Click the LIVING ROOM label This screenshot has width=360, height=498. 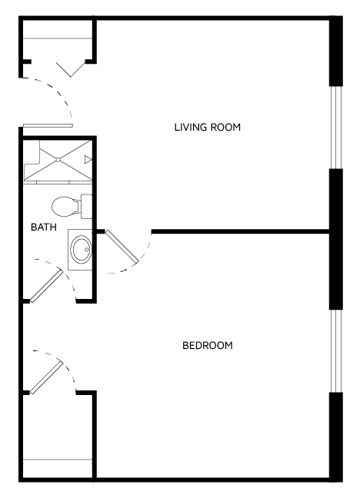pyautogui.click(x=208, y=127)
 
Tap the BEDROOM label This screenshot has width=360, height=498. pyautogui.click(x=208, y=345)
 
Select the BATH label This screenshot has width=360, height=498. pyautogui.click(x=44, y=227)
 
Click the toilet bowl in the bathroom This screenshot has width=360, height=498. pyautogui.click(x=66, y=207)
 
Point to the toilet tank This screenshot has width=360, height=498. pyautogui.click(x=86, y=207)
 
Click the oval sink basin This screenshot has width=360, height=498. pyautogui.click(x=81, y=249)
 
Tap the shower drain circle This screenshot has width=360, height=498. pyautogui.click(x=58, y=160)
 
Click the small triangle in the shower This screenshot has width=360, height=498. pyautogui.click(x=88, y=159)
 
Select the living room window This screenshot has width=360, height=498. pyautogui.click(x=336, y=128)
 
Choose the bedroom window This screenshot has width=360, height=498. pyautogui.click(x=336, y=351)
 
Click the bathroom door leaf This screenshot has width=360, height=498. pyautogui.click(x=46, y=286)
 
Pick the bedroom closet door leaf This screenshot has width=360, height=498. pyautogui.click(x=46, y=378)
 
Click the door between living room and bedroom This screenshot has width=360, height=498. pyautogui.click(x=122, y=247)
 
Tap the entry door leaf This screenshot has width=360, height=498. pyautogui.click(x=48, y=126)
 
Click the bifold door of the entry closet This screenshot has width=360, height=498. pyautogui.click(x=71, y=69)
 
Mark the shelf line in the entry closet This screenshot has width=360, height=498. pyautogui.click(x=58, y=38)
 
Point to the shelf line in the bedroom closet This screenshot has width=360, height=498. pyautogui.click(x=58, y=460)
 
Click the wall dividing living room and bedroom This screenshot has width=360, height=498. pyautogui.click(x=240, y=232)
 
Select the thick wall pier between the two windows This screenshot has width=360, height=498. pyautogui.click(x=336, y=239)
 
